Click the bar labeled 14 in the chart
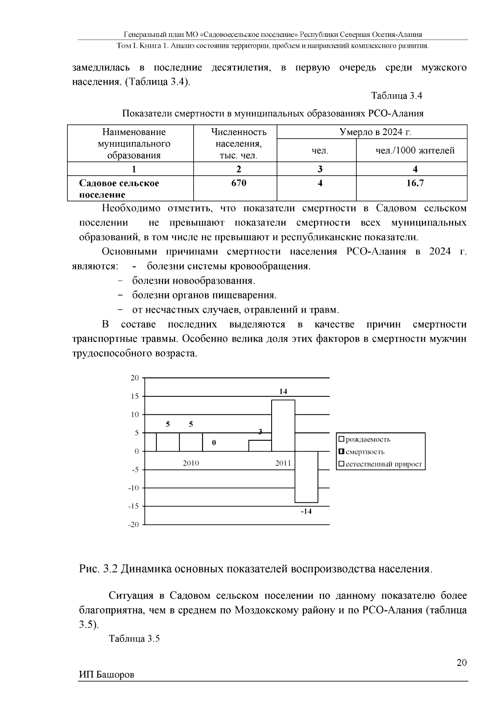[283, 425]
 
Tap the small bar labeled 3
[260, 445]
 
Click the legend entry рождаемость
[365, 440]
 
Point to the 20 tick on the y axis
[135, 378]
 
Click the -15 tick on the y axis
[133, 506]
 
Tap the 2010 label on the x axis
[191, 463]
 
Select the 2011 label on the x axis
[283, 463]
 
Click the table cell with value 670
[239, 183]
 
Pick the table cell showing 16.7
[415, 183]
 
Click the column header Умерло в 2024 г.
[375, 132]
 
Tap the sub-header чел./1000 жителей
[415, 151]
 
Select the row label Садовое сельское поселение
[119, 189]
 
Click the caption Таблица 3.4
[397, 96]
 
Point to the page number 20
[462, 662]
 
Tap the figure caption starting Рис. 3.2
[256, 569]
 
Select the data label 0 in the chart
[214, 443]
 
